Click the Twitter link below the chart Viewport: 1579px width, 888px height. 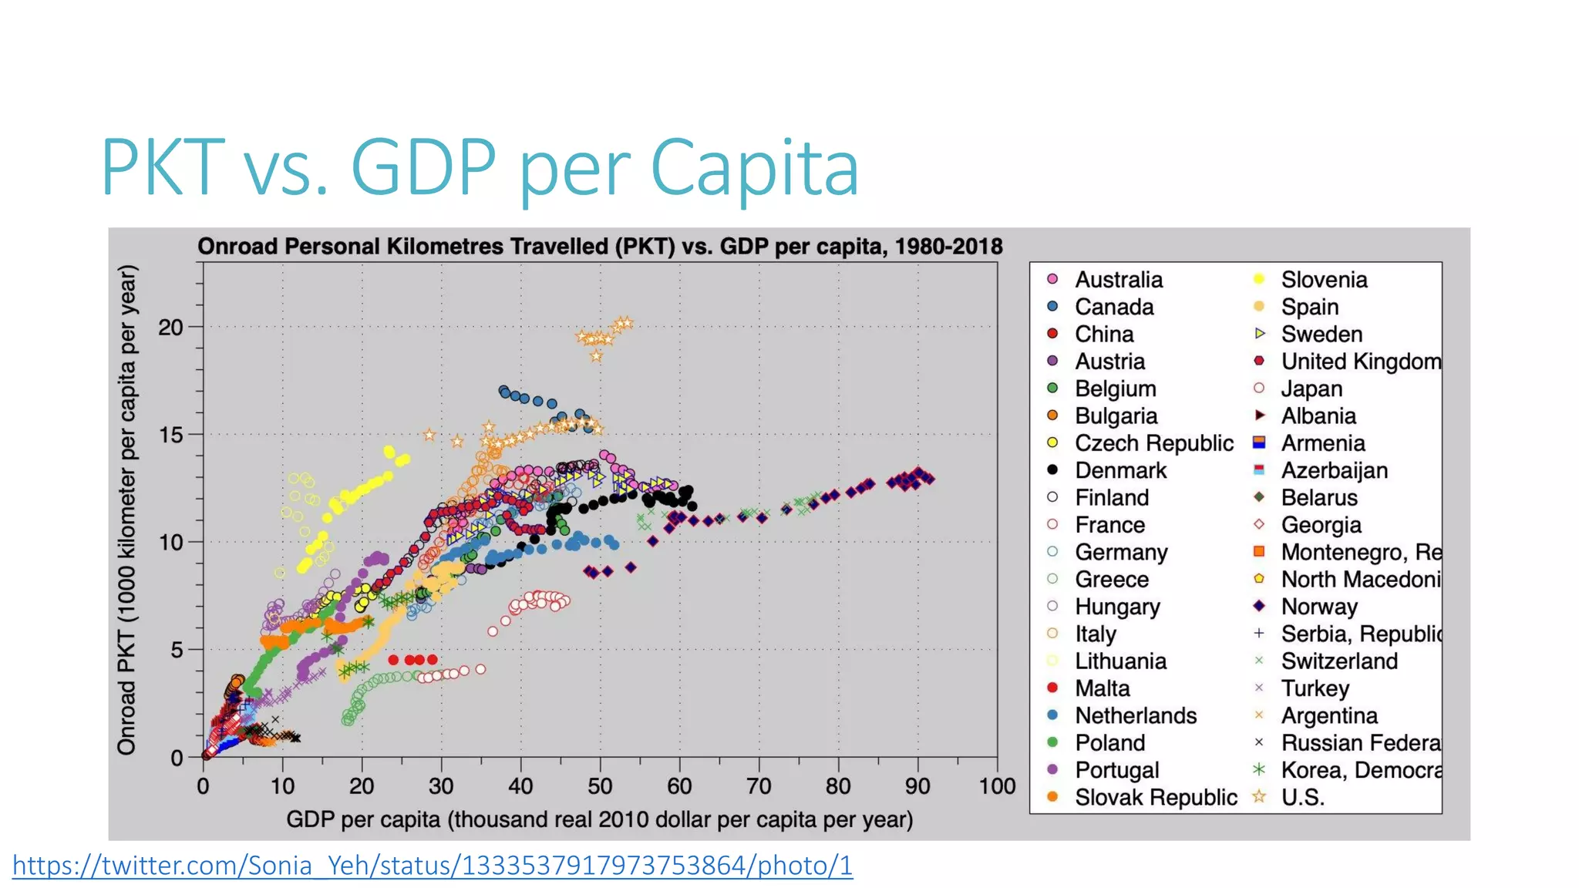coord(432,866)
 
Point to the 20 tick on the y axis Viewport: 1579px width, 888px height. coord(171,328)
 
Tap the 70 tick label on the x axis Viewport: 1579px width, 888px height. coord(759,786)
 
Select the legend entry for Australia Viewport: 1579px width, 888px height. coord(1118,280)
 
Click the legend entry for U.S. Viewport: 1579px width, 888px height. coord(1302,797)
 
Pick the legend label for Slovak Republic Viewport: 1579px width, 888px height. coord(1155,797)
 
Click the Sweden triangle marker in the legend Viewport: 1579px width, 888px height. coord(1260,334)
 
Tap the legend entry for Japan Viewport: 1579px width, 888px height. coord(1311,388)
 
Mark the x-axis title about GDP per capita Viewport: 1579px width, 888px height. coord(599,819)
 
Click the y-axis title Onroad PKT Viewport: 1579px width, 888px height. coord(127,509)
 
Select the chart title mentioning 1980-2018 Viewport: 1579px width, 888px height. coord(599,247)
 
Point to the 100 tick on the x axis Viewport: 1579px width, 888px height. coord(997,786)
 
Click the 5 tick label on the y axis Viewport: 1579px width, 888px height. coord(177,650)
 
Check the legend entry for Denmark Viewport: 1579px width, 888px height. coord(1120,470)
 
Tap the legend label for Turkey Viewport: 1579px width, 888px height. coord(1315,688)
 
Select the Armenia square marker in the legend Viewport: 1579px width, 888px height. coord(1260,442)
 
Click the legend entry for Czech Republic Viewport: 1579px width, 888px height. coord(1153,443)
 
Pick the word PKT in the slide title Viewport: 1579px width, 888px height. coord(163,168)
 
